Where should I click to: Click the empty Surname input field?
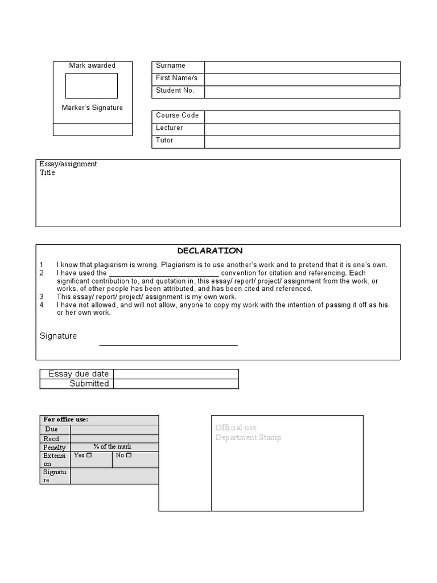pos(302,67)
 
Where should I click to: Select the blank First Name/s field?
pos(302,80)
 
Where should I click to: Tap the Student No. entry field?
pos(302,92)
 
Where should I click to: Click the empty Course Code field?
pos(302,117)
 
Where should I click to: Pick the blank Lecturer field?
pos(302,129)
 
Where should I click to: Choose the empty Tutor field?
pos(302,142)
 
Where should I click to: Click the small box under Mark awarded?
pos(92,86)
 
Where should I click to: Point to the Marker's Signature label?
pos(92,108)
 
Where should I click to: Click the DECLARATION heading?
pos(210,251)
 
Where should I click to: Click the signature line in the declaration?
pos(168,344)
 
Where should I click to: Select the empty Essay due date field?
pos(176,374)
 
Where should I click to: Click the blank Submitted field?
pos(176,384)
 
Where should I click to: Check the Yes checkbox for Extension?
pos(89,455)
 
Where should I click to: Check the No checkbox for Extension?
pos(129,455)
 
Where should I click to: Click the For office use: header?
pos(66,420)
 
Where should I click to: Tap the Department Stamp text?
pos(248,437)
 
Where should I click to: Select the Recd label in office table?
pos(51,439)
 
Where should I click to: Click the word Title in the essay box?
pos(48,173)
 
